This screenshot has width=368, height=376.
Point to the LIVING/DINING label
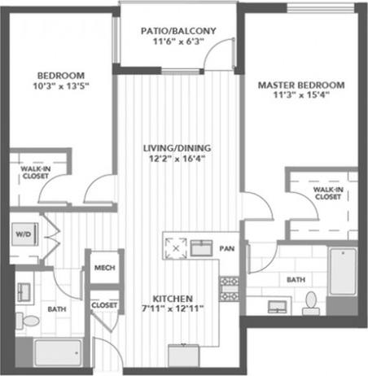point(177,147)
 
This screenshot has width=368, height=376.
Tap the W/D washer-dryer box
point(21,234)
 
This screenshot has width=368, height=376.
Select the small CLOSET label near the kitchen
point(103,305)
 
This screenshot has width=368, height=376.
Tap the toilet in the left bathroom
point(29,320)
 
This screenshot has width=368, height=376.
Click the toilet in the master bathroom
point(310,302)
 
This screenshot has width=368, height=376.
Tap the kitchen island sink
point(201,247)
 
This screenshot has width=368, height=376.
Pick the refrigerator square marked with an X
point(177,245)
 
